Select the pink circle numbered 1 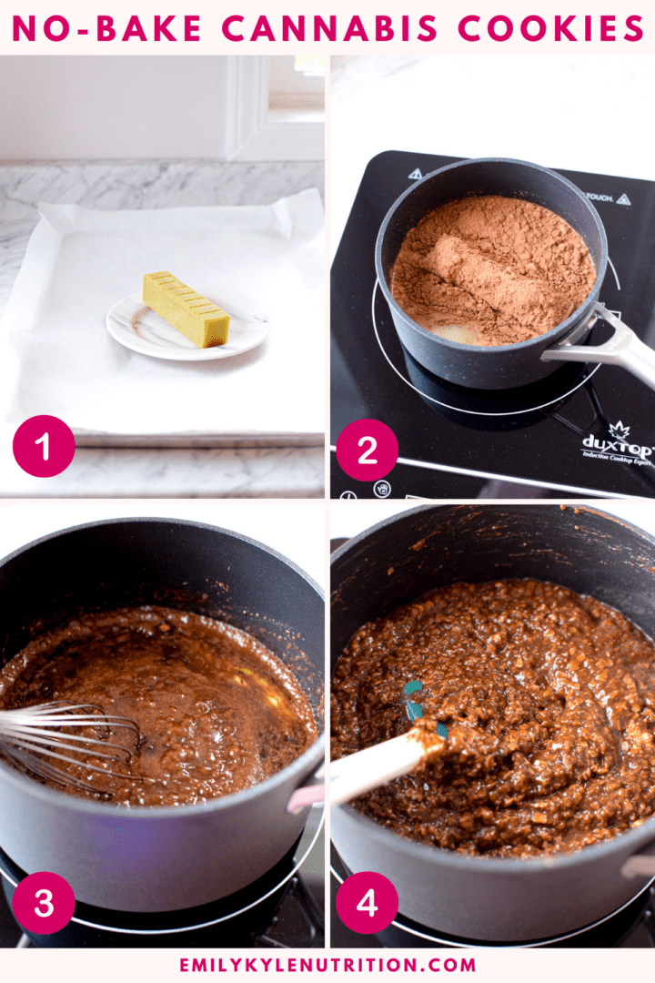click(44, 446)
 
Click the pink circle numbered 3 click(44, 903)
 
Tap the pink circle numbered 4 click(367, 903)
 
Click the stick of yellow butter click(186, 309)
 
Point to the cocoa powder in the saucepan click(491, 264)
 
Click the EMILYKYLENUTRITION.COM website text click(327, 965)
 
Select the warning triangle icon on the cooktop click(416, 173)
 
